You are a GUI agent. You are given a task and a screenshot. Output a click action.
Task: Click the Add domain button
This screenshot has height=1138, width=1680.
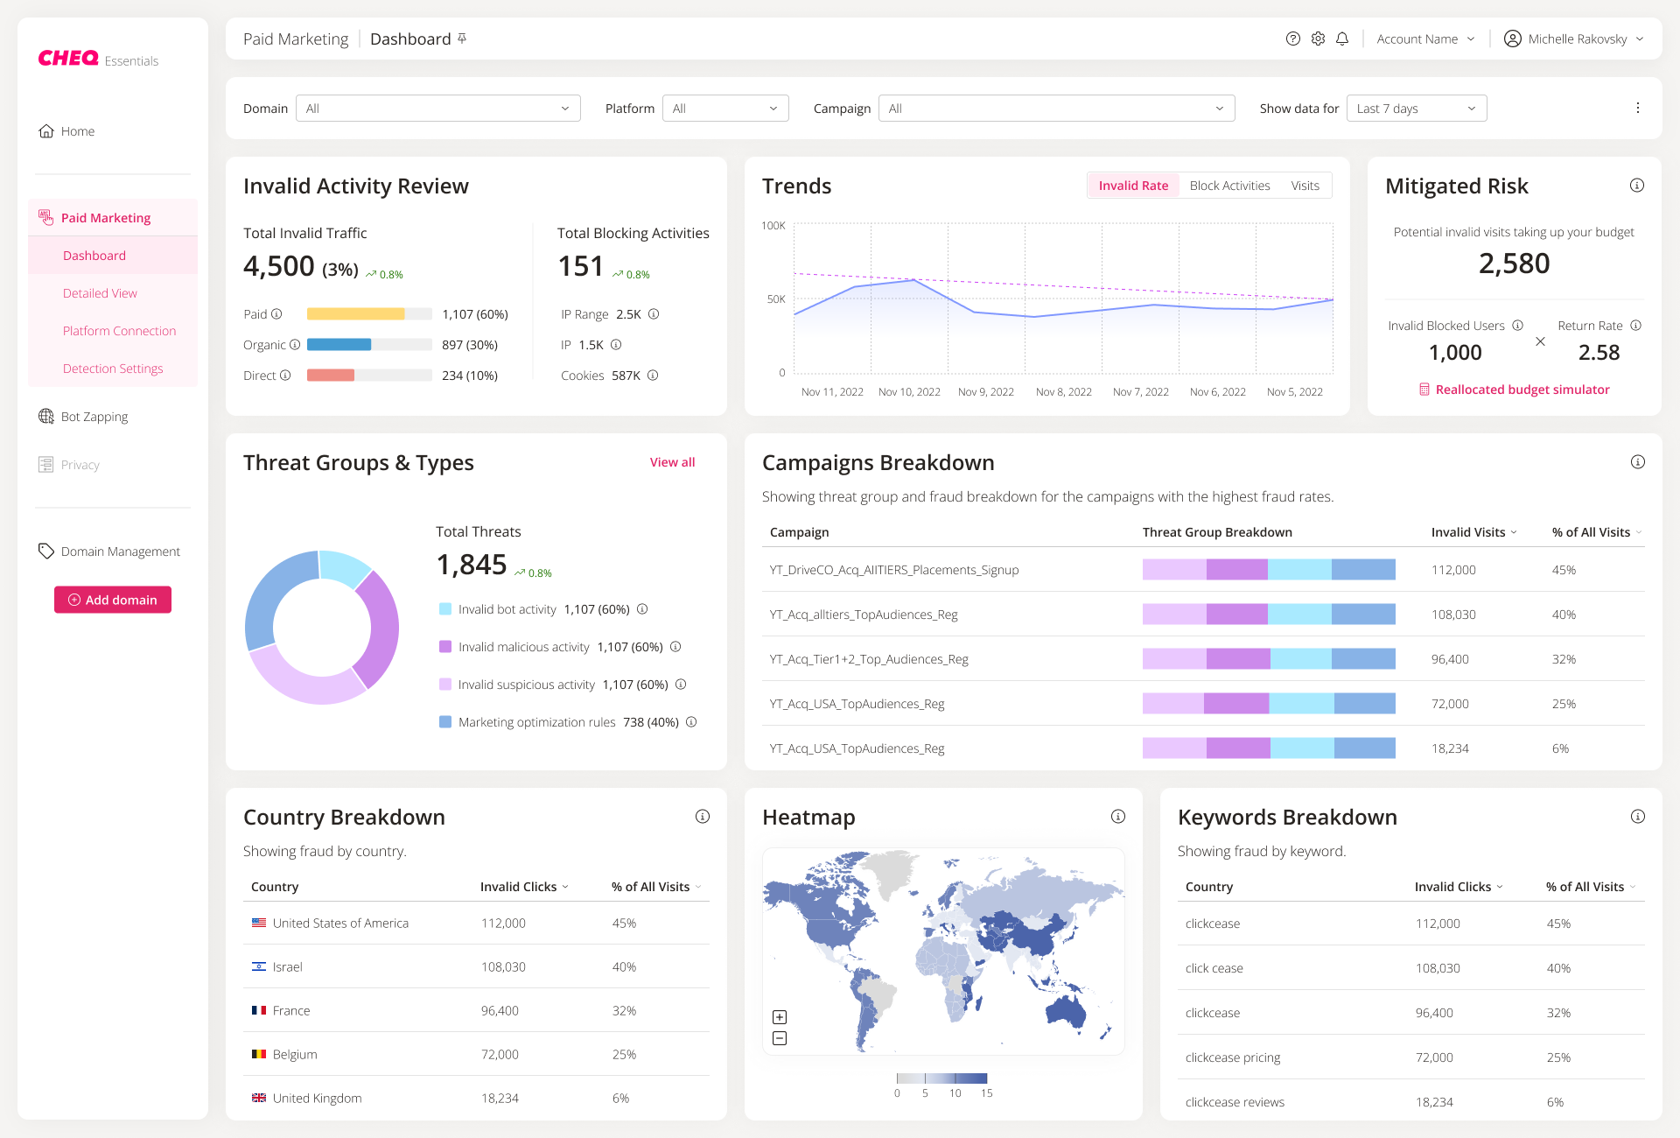point(113,600)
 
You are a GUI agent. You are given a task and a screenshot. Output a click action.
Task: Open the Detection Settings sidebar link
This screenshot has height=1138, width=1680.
point(113,369)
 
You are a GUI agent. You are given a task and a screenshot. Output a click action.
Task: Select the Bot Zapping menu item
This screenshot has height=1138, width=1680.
point(94,417)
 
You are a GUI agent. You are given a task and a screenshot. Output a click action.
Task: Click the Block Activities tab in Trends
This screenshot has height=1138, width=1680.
point(1229,186)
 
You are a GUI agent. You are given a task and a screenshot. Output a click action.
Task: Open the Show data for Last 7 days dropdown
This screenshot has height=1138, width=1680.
point(1416,109)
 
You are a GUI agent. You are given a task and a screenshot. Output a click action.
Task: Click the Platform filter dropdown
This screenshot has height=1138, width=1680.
point(724,109)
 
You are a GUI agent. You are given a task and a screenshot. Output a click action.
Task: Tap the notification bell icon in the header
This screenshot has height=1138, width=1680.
point(1342,39)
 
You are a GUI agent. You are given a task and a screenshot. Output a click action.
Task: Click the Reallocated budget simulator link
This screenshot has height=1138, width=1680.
point(1522,390)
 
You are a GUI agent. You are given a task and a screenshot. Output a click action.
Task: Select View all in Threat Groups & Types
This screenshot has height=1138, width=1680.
point(672,462)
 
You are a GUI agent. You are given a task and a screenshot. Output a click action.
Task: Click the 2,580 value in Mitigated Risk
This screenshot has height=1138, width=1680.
point(1514,263)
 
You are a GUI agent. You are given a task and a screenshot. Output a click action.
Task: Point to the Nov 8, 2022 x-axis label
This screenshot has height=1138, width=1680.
point(1063,392)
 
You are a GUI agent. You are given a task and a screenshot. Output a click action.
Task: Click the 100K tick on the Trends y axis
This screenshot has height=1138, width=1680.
point(773,226)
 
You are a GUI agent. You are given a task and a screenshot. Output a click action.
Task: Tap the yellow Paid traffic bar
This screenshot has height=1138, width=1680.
point(355,314)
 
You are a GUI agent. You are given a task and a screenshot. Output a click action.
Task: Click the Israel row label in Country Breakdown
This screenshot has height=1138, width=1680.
point(287,967)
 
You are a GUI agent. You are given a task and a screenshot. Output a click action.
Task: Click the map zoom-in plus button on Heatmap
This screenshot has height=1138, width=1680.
point(780,1017)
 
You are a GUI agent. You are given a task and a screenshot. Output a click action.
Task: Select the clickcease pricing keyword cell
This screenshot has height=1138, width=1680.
point(1232,1057)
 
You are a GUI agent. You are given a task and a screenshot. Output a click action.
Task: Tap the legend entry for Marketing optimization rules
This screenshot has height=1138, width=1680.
point(536,722)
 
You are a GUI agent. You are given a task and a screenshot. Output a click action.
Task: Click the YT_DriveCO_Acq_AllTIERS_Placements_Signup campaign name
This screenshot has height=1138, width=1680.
point(893,570)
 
